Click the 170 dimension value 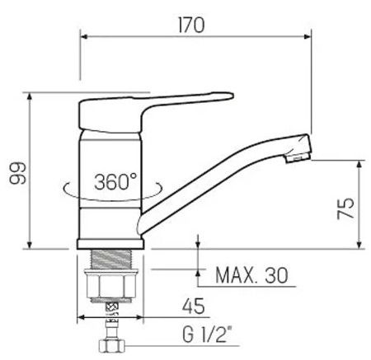pos(191,25)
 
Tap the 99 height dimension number pos(18,173)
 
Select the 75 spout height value pos(345,208)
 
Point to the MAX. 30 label pos(251,275)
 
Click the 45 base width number pos(194,306)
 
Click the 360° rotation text pos(115,181)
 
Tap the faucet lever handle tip pos(231,96)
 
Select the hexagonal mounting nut pos(111,286)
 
